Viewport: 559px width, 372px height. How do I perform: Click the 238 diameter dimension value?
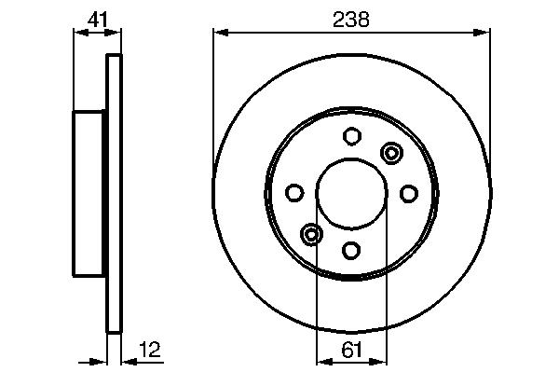[x=351, y=20]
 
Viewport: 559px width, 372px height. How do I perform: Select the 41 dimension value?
[x=97, y=20]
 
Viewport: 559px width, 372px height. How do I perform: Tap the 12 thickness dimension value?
[x=150, y=350]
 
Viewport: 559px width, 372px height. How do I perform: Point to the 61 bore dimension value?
[x=351, y=350]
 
